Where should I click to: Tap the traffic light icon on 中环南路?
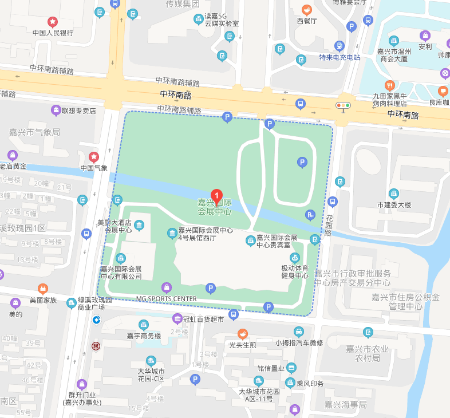click(x=344, y=105)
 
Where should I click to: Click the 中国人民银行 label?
click(x=53, y=33)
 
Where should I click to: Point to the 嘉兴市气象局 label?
click(x=34, y=132)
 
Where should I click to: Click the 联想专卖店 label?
click(x=79, y=110)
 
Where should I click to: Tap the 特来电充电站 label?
click(x=340, y=57)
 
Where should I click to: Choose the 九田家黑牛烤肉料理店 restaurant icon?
click(x=390, y=85)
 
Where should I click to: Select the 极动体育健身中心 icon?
click(x=294, y=257)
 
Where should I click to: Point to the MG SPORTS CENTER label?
click(x=166, y=299)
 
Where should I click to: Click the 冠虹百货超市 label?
click(x=203, y=319)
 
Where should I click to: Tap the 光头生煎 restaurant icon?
click(x=243, y=334)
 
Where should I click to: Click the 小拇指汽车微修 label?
click(x=299, y=342)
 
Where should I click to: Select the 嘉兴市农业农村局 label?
click(x=368, y=353)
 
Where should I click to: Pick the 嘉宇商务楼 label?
click(x=144, y=336)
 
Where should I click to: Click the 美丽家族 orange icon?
click(x=43, y=289)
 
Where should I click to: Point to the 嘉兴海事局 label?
click(x=345, y=405)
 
